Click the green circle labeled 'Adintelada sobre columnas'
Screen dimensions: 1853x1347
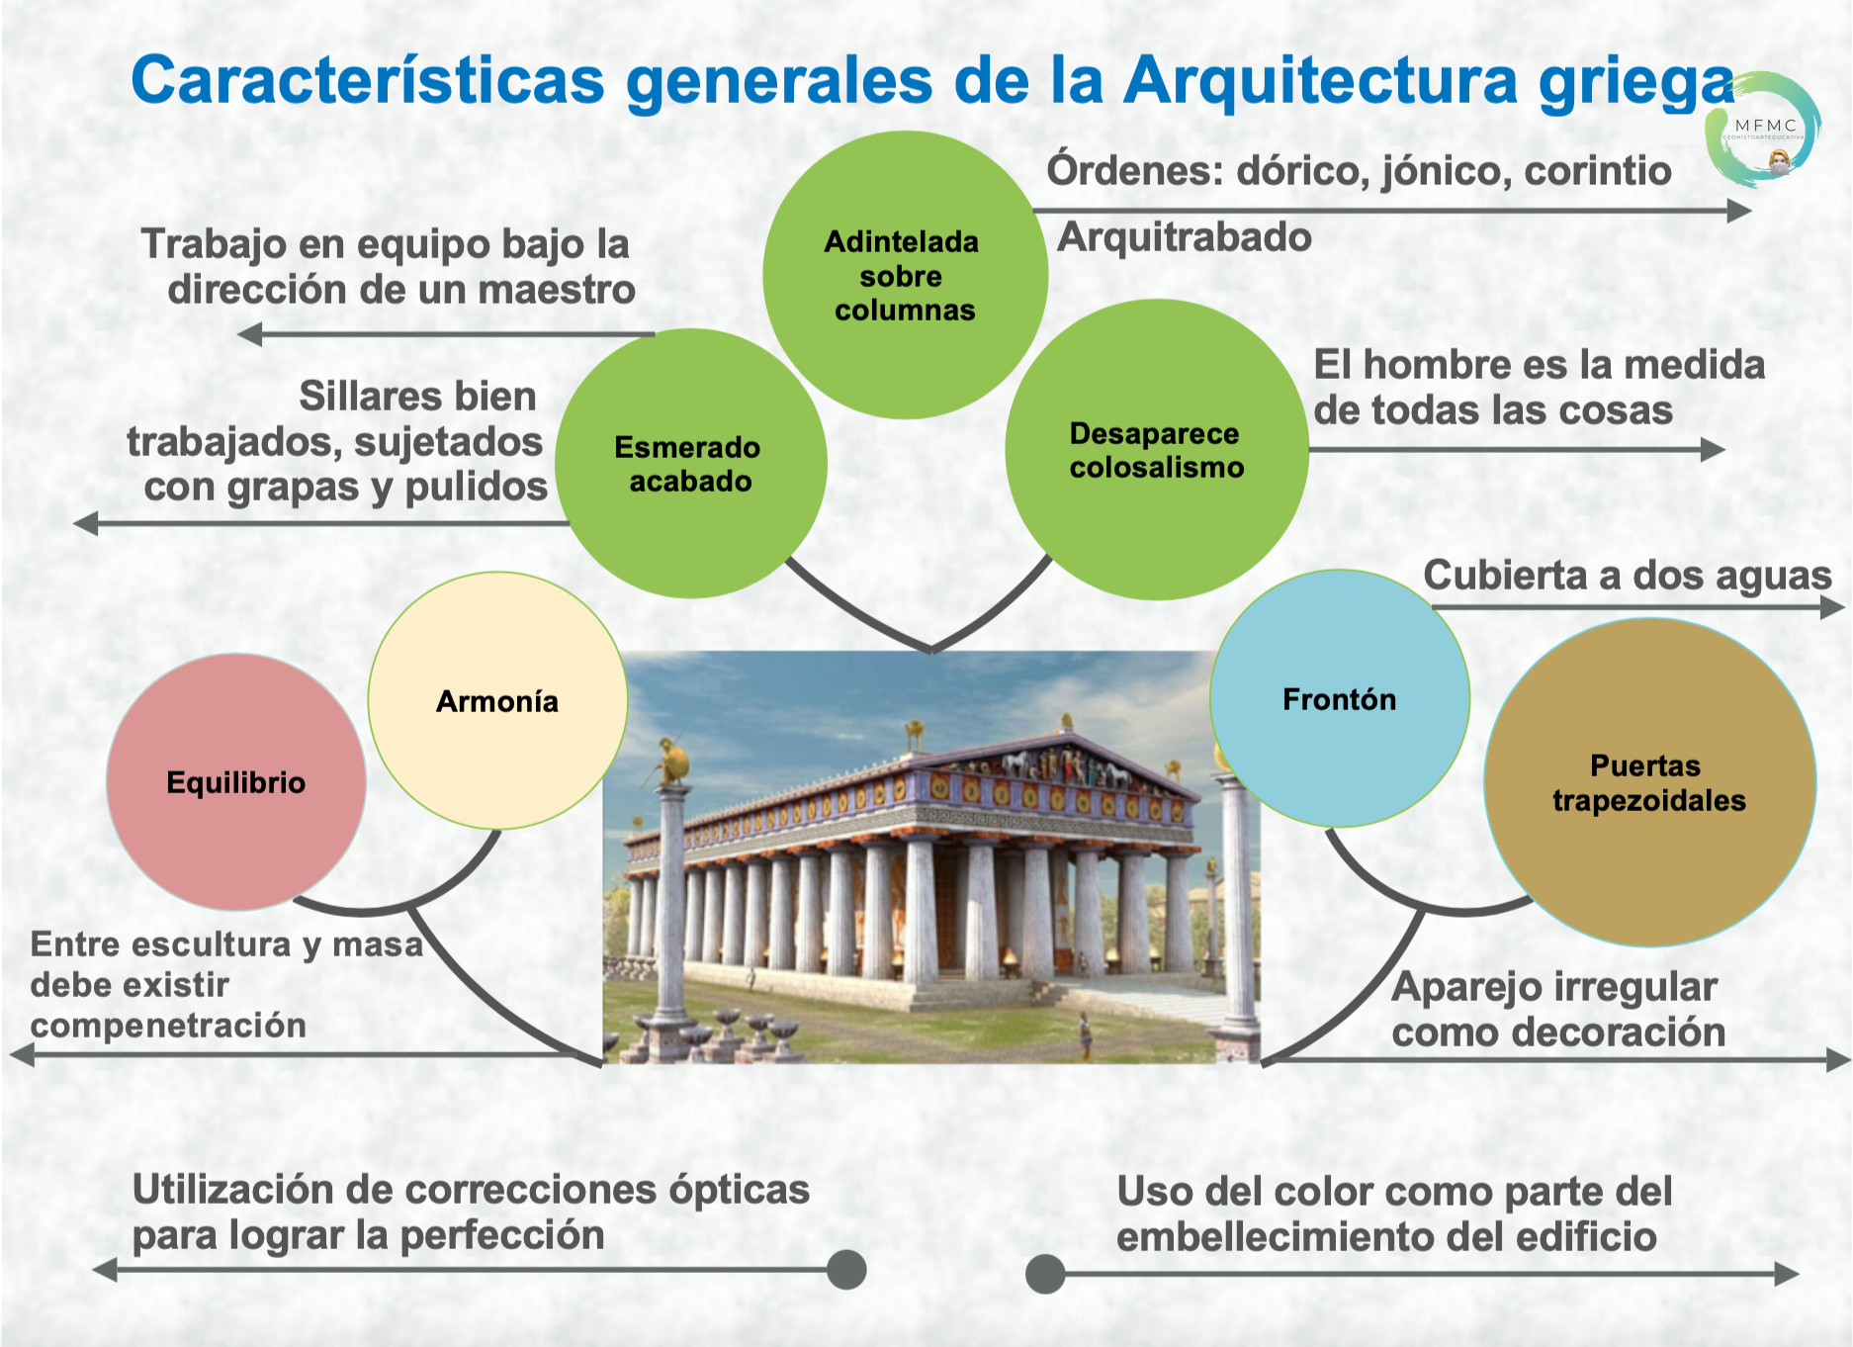pos(905,275)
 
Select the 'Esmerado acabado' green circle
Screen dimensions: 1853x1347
pos(690,463)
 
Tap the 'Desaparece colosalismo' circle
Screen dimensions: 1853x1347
pos(1157,450)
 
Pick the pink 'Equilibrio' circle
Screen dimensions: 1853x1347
pos(236,782)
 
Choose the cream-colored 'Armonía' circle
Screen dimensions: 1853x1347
pos(497,700)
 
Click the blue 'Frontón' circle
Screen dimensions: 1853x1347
pos(1340,698)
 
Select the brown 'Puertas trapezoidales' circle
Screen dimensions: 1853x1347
pos(1649,782)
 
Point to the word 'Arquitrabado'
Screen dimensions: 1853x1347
pos(1185,238)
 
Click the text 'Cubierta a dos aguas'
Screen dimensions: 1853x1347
pos(1628,576)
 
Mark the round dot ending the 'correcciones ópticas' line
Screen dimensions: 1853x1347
pos(846,1270)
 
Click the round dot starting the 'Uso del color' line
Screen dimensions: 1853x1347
pos(1045,1274)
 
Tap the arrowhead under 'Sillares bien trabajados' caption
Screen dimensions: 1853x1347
pos(87,523)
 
